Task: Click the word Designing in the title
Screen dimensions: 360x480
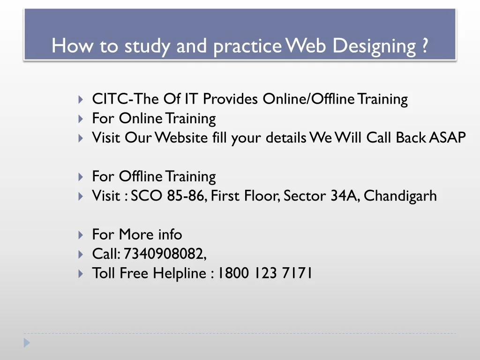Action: (375, 46)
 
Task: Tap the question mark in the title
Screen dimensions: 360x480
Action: (424, 46)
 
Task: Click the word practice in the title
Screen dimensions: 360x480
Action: (247, 46)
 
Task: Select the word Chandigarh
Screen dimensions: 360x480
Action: (400, 195)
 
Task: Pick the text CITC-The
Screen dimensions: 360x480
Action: (126, 99)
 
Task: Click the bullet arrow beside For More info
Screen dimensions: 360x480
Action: (81, 235)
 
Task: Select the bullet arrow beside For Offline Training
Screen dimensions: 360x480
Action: (81, 177)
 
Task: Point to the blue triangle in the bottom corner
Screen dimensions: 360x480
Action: (27, 343)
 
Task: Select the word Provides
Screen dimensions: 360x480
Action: (230, 99)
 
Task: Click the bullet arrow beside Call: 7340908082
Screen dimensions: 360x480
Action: (81, 255)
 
